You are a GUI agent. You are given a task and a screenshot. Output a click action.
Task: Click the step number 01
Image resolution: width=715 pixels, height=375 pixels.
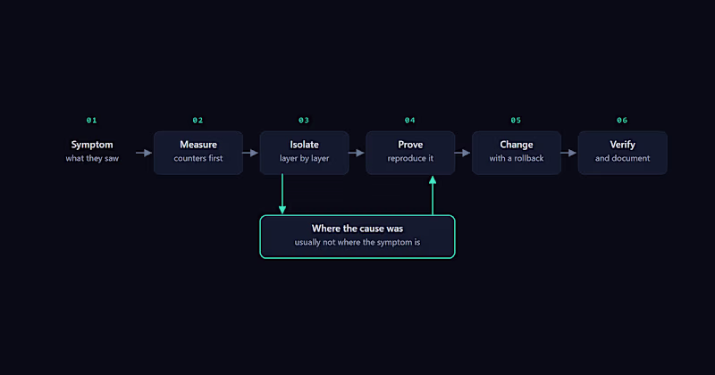tap(92, 121)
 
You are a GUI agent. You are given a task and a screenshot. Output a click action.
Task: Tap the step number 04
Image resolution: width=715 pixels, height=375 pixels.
tap(410, 121)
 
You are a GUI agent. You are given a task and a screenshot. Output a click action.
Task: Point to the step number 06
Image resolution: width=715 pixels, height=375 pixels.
tap(622, 121)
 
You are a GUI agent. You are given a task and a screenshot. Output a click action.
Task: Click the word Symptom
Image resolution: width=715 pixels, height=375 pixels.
tap(92, 145)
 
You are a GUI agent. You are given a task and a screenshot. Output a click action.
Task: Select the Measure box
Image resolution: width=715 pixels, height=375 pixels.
tap(198, 153)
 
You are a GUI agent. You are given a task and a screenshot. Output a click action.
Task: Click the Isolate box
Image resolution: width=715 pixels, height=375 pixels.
tap(304, 153)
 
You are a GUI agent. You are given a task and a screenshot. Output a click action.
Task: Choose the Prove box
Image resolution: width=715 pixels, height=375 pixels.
tap(410, 153)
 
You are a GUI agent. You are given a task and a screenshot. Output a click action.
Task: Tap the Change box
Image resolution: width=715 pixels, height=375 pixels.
tap(517, 153)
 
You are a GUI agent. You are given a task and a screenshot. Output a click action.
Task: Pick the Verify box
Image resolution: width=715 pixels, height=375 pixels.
tap(622, 153)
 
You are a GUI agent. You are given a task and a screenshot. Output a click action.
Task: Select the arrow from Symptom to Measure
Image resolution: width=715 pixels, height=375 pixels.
tap(144, 153)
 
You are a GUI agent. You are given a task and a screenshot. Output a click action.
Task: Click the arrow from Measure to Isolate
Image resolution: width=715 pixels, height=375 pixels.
tap(250, 153)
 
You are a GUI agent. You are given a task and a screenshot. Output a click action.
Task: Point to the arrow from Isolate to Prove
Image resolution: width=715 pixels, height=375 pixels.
tap(357, 153)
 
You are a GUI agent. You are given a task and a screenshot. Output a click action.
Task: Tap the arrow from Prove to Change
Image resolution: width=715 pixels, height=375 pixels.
tap(462, 153)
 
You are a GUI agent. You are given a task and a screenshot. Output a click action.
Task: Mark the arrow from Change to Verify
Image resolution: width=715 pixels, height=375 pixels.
tap(568, 153)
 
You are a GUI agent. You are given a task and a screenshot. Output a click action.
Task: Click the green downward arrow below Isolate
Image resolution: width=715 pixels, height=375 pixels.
tap(282, 194)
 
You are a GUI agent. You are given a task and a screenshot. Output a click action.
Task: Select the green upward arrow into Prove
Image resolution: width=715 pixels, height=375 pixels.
tap(433, 196)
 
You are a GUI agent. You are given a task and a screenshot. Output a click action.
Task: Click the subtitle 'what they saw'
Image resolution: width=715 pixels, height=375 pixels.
tap(92, 159)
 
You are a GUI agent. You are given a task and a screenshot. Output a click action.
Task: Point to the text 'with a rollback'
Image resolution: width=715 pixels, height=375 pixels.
tap(517, 159)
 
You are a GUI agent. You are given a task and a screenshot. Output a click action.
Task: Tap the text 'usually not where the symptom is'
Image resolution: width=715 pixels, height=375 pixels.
tap(357, 242)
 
